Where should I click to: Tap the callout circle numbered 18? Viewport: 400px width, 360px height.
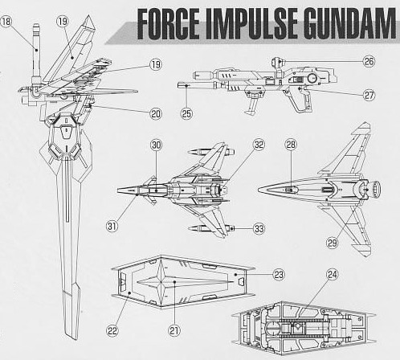point(6,21)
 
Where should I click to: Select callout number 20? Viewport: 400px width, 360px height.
point(156,114)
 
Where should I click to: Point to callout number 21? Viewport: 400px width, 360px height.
point(174,330)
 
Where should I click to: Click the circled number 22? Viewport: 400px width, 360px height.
point(112,331)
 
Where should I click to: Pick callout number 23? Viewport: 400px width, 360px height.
point(279,275)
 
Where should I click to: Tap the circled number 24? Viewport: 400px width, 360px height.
point(333,275)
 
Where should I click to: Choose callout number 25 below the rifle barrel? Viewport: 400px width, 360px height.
point(186,113)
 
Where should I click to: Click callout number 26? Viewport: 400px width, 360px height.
point(369,61)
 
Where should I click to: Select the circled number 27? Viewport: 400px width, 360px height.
point(369,95)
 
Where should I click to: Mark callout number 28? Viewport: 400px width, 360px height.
point(291,145)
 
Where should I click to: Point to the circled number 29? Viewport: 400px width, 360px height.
point(332,243)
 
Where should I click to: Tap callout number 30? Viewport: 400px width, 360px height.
point(156,145)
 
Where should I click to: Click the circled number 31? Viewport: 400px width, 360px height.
point(112,226)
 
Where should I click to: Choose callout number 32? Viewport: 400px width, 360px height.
point(259,145)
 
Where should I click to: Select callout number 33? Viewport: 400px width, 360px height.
point(259,229)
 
